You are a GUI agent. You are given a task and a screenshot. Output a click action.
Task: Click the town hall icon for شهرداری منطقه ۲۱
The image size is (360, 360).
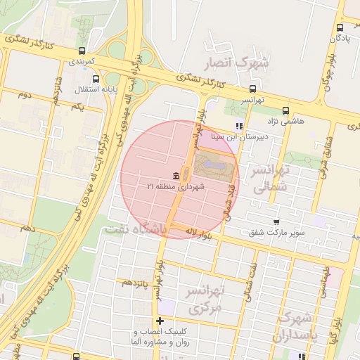[x=174, y=175]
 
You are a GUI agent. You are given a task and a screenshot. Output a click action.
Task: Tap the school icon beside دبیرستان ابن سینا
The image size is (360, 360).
[x=239, y=127]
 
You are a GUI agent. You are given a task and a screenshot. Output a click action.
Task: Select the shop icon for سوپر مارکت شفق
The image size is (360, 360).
[x=276, y=221]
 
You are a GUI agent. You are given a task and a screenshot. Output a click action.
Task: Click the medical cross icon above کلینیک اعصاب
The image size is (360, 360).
[x=160, y=321]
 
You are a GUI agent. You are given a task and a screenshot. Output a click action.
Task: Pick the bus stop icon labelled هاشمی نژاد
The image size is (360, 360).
[x=285, y=110]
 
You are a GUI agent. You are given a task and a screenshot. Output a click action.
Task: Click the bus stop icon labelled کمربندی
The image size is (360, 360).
[x=83, y=51]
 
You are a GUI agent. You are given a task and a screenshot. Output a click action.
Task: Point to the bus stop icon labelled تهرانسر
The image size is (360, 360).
[x=252, y=89]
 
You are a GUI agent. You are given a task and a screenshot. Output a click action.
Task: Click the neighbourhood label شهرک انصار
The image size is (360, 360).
[x=236, y=65]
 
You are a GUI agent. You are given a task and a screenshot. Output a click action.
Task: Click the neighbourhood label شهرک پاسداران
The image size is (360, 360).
[x=295, y=328]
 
